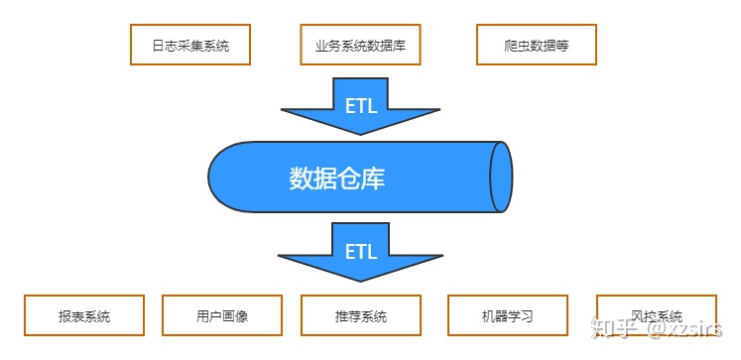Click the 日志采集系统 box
[x=190, y=45]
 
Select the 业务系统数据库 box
[x=361, y=45]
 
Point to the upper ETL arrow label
[x=361, y=105]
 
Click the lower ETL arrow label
[x=361, y=251]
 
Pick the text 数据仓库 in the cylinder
[x=337, y=179]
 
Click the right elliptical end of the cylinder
[x=501, y=178]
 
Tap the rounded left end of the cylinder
[x=223, y=178]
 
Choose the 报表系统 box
[x=84, y=317]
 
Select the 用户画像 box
[x=222, y=317]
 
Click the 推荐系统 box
[x=361, y=317]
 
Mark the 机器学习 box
[x=507, y=317]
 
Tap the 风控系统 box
[x=657, y=317]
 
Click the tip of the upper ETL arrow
[x=361, y=135]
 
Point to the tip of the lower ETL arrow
[x=361, y=280]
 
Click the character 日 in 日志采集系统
[x=158, y=45]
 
